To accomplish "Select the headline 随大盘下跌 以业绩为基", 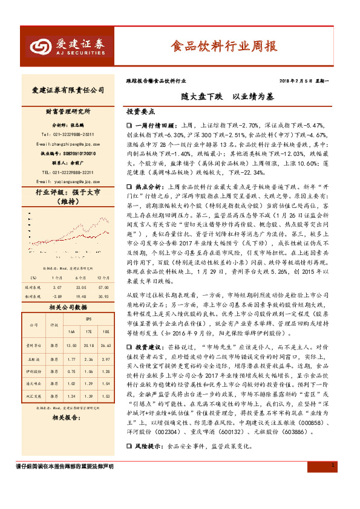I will [x=219, y=96].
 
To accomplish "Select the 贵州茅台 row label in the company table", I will [x=34, y=346].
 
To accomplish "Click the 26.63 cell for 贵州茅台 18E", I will [x=106, y=346].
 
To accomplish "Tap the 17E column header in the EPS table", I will [x=88, y=332].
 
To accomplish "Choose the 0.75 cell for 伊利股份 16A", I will [x=71, y=372].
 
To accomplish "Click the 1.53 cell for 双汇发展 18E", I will [x=106, y=397].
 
